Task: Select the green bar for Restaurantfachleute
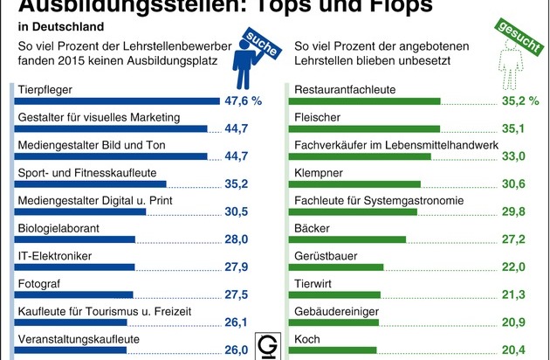[368, 101]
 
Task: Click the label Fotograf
[42, 283]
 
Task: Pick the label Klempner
[320, 173]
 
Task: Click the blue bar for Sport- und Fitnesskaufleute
[92, 184]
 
